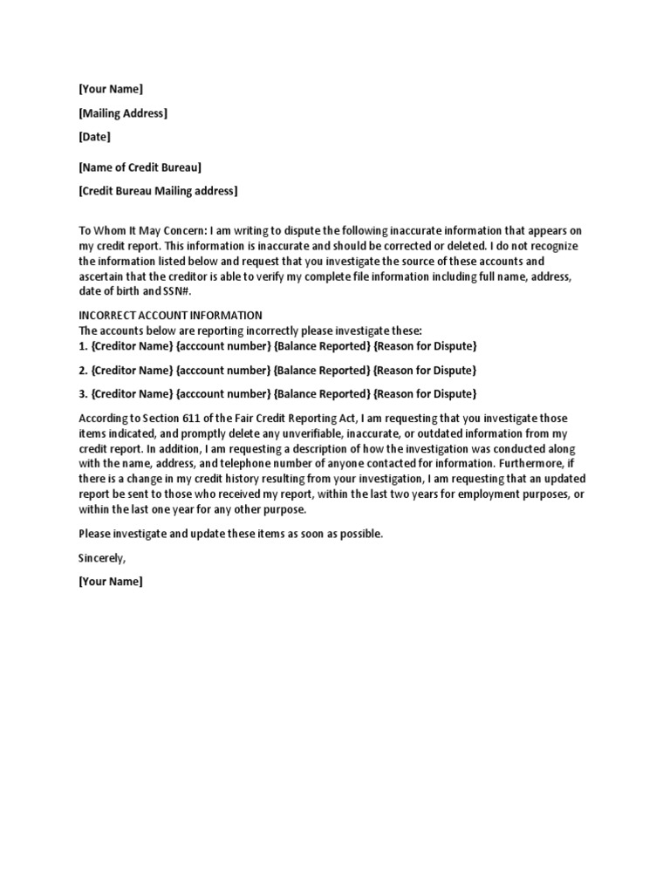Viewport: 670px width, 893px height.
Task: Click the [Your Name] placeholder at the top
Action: (111, 89)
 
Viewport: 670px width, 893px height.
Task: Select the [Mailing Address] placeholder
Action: (123, 112)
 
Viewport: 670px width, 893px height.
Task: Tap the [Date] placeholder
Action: (95, 136)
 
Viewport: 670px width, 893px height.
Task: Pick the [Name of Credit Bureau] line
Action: (140, 167)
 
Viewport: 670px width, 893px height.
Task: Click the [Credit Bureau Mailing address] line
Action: (158, 191)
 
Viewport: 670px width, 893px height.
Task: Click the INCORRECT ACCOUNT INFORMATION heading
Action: (171, 315)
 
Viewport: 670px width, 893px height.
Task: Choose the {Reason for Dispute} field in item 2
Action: (425, 370)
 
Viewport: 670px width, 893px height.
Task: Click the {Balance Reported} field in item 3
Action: (322, 393)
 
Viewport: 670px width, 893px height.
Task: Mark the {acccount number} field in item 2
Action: (223, 370)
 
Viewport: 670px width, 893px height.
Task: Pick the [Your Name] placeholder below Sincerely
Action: (111, 581)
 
